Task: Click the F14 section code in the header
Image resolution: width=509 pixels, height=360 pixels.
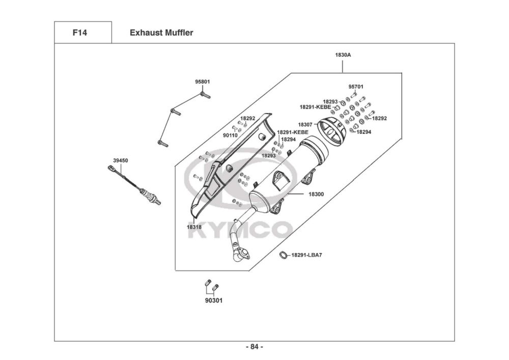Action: click(80, 33)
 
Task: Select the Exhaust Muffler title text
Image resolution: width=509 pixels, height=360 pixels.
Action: click(161, 33)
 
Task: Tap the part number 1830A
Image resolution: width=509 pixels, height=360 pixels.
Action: click(343, 55)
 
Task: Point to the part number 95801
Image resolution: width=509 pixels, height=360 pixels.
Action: click(202, 82)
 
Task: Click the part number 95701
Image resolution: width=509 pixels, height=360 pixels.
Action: click(356, 87)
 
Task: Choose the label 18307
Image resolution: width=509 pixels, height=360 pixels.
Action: click(305, 124)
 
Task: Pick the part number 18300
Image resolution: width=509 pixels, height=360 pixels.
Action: click(316, 194)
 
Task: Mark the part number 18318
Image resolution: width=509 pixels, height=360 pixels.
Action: click(194, 227)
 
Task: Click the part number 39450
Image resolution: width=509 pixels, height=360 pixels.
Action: click(121, 160)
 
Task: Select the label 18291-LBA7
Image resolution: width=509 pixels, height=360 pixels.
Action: click(306, 255)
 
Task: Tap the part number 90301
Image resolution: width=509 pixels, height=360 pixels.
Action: click(214, 300)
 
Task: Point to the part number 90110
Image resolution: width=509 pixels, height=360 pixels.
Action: click(230, 135)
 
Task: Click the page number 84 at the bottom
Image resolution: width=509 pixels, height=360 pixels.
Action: click(254, 347)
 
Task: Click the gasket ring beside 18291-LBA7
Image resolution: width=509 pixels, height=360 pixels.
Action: click(284, 255)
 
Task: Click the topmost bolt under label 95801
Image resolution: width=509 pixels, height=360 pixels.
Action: click(205, 95)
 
